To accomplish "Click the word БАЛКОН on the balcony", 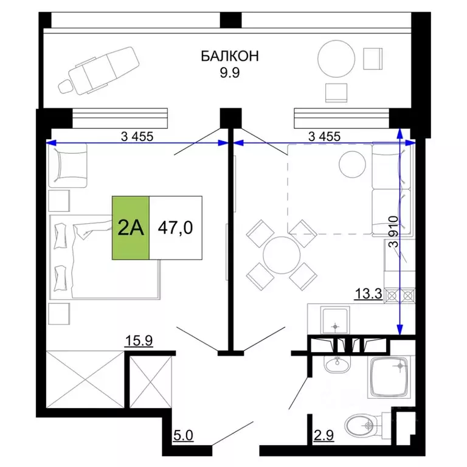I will (x=230, y=57).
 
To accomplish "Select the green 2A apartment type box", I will (x=131, y=228).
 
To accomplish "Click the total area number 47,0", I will (x=175, y=228).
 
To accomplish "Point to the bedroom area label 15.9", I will (x=138, y=340).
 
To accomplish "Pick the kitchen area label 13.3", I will (x=367, y=296).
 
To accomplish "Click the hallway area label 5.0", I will (x=184, y=435).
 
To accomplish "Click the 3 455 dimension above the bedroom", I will (x=137, y=136).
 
